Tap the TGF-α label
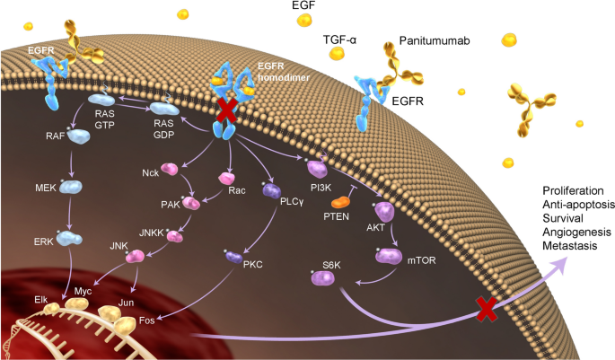tap(342, 40)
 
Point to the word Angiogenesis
tap(578, 234)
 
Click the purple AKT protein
tap(384, 213)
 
